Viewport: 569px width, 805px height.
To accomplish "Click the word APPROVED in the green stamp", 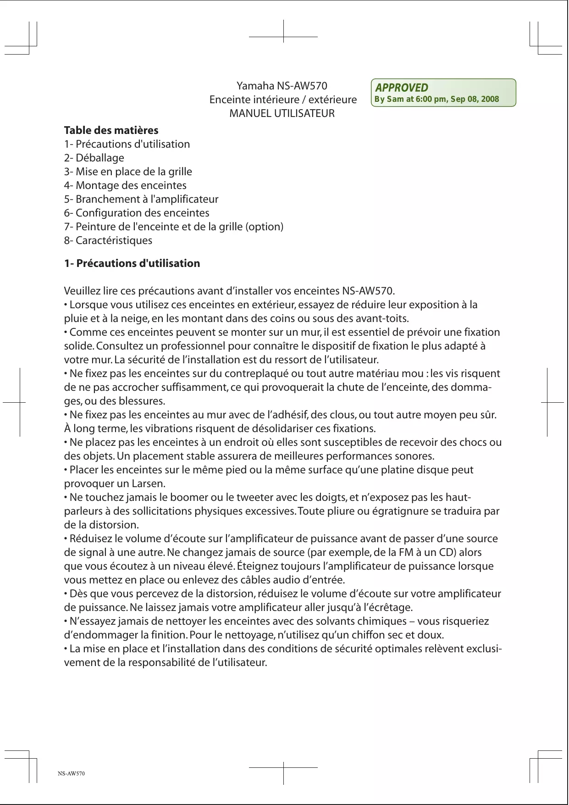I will pyautogui.click(x=402, y=88).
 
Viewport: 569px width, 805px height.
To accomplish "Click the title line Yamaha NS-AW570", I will pyautogui.click(x=282, y=86).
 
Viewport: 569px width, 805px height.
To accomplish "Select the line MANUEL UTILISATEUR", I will pyautogui.click(x=282, y=113).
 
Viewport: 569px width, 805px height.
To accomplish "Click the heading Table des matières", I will pyautogui.click(x=111, y=130).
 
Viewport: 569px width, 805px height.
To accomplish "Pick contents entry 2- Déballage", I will pyautogui.click(x=94, y=158).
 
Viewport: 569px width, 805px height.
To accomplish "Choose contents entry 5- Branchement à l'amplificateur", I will pyautogui.click(x=141, y=199).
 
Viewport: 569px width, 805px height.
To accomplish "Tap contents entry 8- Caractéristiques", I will pyautogui.click(x=108, y=240).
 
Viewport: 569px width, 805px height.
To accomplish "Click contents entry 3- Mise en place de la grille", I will pyautogui.click(x=128, y=172).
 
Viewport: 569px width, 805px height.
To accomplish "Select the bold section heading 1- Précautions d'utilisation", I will pyautogui.click(x=132, y=263).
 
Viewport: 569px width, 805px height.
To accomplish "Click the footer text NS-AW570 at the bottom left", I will pyautogui.click(x=71, y=773).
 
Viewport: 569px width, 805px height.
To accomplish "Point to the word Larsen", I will pyautogui.click(x=148, y=483).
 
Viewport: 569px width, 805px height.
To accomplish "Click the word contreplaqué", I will pyautogui.click(x=256, y=373).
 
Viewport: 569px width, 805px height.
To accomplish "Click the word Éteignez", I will pyautogui.click(x=255, y=566).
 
